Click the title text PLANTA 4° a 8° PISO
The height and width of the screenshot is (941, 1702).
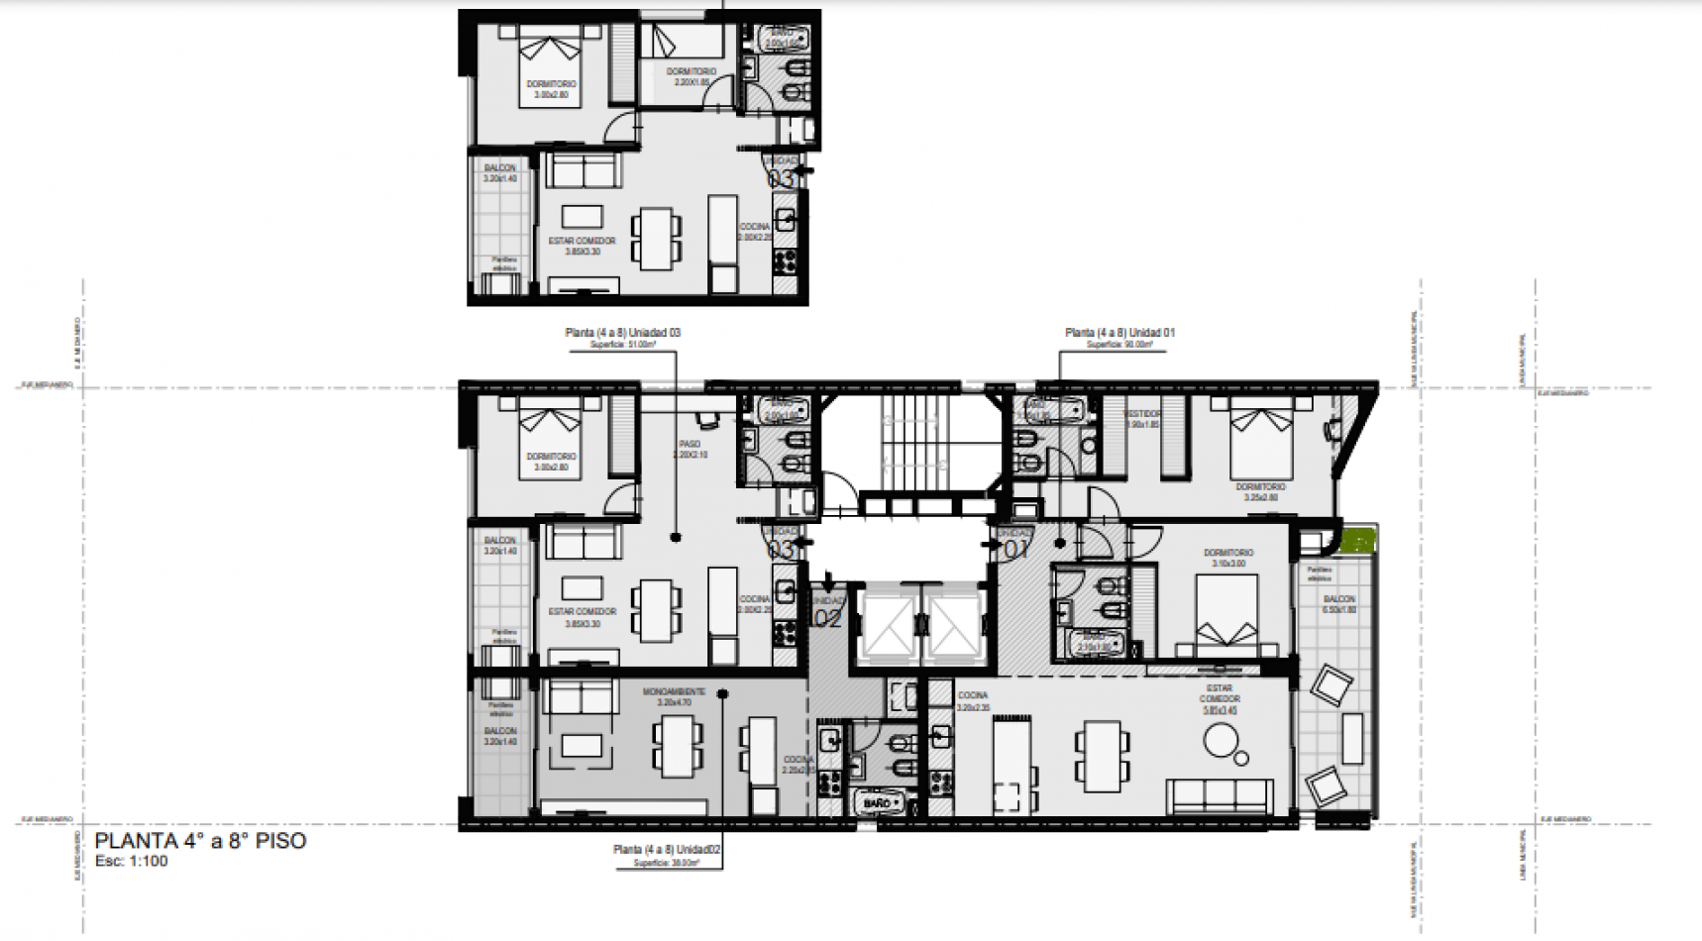tap(200, 841)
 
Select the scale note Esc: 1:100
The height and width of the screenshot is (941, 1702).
tap(132, 861)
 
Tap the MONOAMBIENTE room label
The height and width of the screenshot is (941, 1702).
tap(674, 692)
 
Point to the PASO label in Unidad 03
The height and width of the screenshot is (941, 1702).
tap(690, 445)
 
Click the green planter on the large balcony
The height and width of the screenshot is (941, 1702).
tap(1359, 542)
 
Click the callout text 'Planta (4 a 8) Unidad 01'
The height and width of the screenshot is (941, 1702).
tap(1119, 333)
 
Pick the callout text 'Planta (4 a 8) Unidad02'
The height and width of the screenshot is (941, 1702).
tap(666, 850)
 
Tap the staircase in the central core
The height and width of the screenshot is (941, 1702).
tap(909, 439)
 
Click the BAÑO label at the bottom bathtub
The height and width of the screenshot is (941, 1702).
tap(877, 802)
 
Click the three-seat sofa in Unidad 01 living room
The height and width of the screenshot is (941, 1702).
tap(1220, 794)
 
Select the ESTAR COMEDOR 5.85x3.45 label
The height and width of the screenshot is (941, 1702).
tap(1219, 698)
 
